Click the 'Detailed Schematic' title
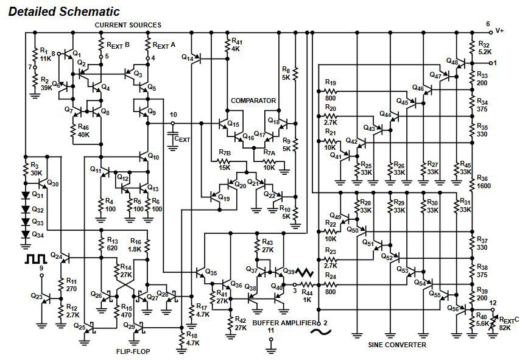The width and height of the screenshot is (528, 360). (x=64, y=12)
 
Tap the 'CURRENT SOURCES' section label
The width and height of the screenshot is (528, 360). (x=128, y=25)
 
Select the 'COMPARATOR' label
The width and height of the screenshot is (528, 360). (x=253, y=101)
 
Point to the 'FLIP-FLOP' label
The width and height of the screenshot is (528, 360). (x=133, y=351)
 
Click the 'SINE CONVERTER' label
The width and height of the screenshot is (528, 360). (x=397, y=345)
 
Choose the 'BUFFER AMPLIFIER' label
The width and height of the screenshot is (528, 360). (x=284, y=322)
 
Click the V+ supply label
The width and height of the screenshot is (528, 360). (x=500, y=30)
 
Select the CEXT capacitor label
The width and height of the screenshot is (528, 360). (x=182, y=139)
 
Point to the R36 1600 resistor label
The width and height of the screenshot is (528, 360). (x=483, y=182)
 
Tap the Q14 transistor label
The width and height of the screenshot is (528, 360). (x=188, y=57)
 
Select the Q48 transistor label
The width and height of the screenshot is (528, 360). (x=451, y=62)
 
